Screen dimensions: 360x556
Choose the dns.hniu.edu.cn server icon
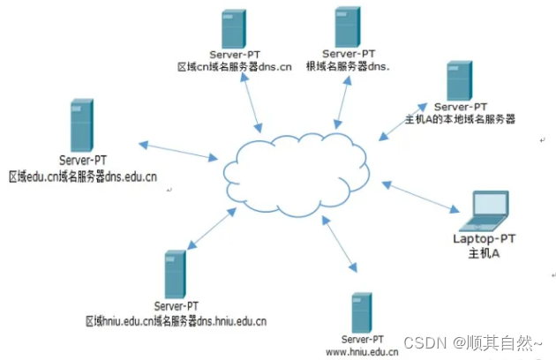pos(175,274)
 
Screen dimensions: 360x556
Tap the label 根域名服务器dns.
pos(347,65)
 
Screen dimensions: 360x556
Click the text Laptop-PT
pos(483,238)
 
